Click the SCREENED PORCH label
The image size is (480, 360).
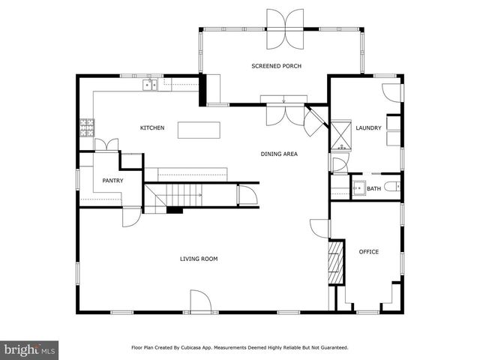point(276,66)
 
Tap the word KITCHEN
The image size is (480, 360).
point(152,127)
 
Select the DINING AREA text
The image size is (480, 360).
point(279,154)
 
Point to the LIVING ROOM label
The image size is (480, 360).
point(199,259)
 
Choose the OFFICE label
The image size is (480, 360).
point(369,251)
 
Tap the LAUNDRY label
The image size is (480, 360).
point(368,127)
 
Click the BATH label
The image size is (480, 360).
point(373,188)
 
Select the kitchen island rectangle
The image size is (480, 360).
point(199,130)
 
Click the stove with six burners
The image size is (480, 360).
point(87,127)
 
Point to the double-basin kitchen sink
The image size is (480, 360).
point(151,85)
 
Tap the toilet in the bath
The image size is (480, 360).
point(394,187)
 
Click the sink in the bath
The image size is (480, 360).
point(358,187)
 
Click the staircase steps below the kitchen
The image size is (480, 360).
point(180,195)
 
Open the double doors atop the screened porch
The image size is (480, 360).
point(285,28)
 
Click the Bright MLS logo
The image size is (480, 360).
point(29,349)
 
